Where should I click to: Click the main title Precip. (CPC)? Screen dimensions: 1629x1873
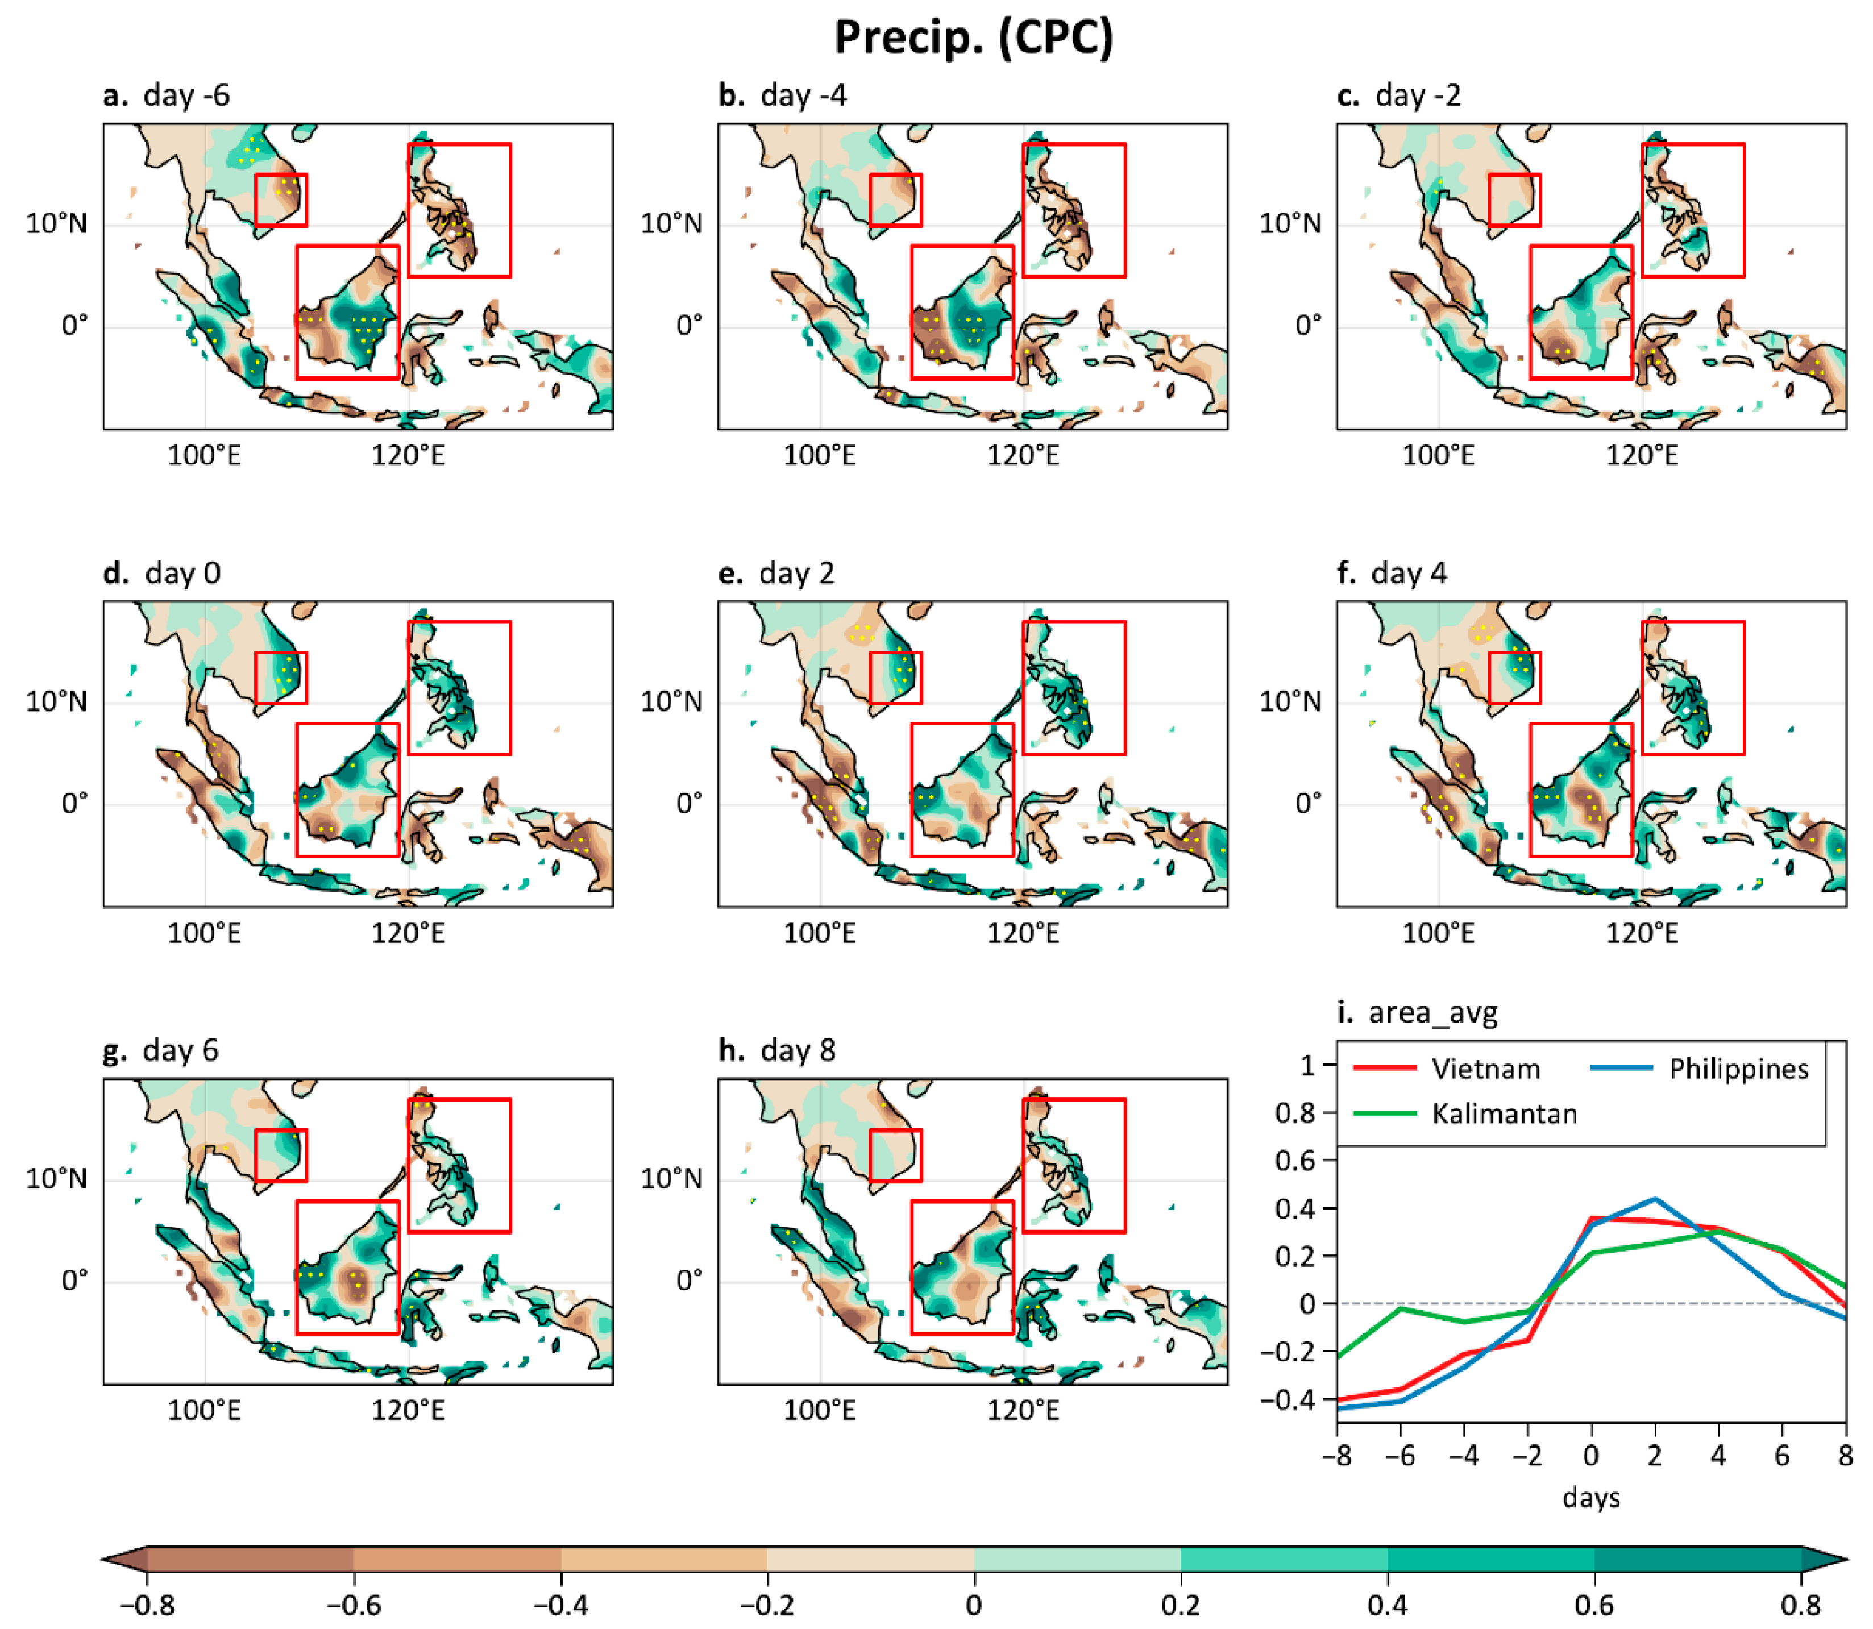point(973,38)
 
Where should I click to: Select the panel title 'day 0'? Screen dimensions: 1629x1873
point(182,574)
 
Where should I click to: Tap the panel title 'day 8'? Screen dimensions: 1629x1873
point(798,1051)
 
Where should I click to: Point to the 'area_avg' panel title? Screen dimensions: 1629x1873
point(1432,1013)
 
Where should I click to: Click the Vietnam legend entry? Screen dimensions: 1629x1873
point(1485,1069)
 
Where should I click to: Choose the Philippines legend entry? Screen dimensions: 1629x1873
point(1738,1069)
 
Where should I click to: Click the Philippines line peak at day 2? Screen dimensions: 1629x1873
point(1655,1199)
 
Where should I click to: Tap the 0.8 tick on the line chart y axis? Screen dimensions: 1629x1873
point(1295,1113)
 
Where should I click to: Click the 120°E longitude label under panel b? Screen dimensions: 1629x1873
point(1023,455)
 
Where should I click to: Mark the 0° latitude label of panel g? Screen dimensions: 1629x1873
point(74,1281)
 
